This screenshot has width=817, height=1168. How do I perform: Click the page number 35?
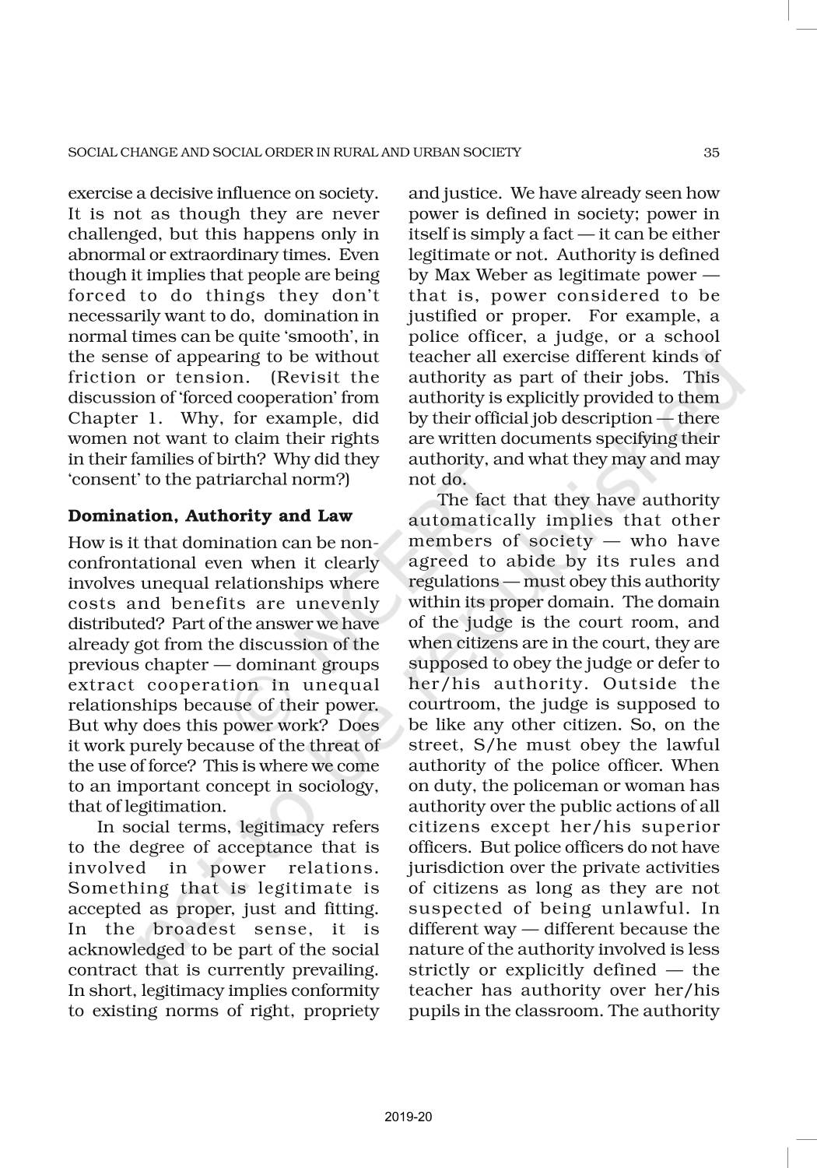coord(711,153)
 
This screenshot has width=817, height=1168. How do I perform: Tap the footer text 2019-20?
coord(408,1117)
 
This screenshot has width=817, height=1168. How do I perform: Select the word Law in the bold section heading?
coord(335,515)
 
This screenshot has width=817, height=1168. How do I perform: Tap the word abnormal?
coord(106,255)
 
